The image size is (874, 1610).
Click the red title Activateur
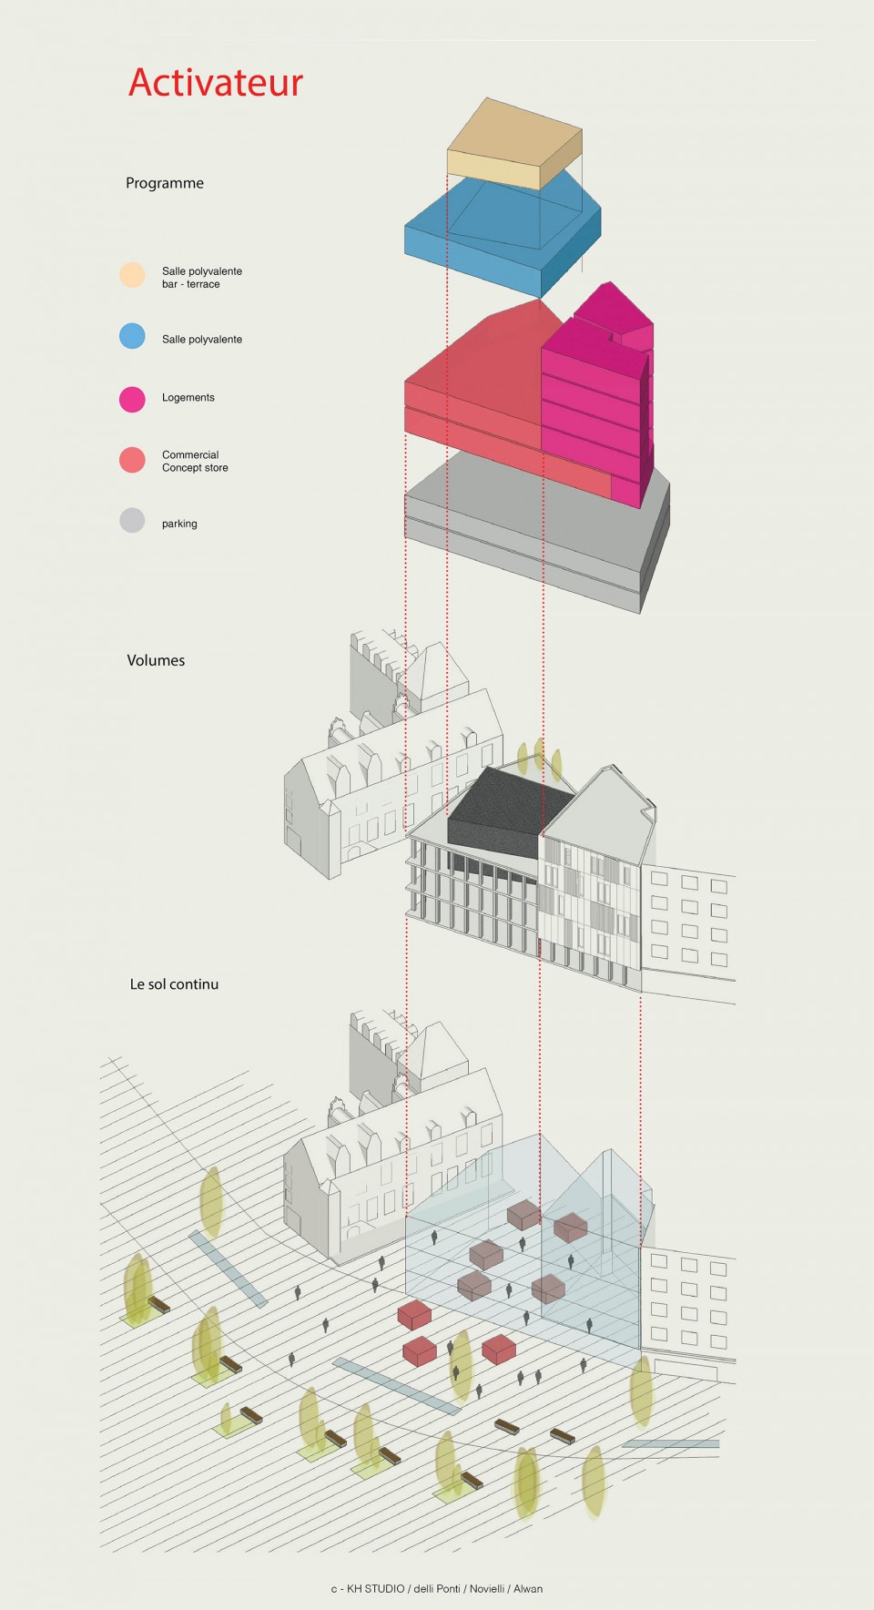pos(216,82)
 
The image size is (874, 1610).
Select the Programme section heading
pos(165,183)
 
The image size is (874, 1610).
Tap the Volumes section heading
pos(156,660)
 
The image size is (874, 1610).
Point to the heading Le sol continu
pos(174,984)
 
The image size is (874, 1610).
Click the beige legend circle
pos(132,275)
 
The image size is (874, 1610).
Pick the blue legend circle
pos(132,336)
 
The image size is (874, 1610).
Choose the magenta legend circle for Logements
pos(132,399)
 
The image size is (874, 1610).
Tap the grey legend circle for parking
pos(132,520)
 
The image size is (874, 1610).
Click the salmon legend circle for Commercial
pos(132,460)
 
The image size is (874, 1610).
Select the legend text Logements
pos(188,398)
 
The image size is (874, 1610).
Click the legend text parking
pos(179,524)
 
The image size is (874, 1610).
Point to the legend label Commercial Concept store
pos(195,461)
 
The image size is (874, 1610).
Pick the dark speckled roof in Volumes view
pos(510,810)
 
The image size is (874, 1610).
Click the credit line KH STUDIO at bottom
pos(437,1589)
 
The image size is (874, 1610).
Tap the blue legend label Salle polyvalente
pos(202,340)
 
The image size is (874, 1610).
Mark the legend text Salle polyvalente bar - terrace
pos(202,278)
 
